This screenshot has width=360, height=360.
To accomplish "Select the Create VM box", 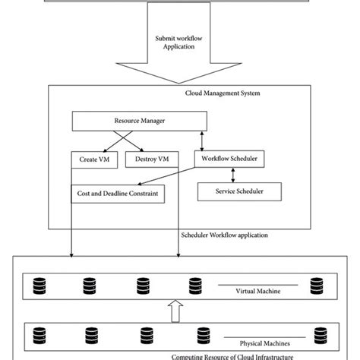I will (x=93, y=159).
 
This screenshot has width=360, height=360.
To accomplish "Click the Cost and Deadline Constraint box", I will (x=118, y=193).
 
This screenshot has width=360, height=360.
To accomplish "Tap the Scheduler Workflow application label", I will (x=226, y=235).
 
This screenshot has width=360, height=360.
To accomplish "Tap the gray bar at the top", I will (x=180, y=2).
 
